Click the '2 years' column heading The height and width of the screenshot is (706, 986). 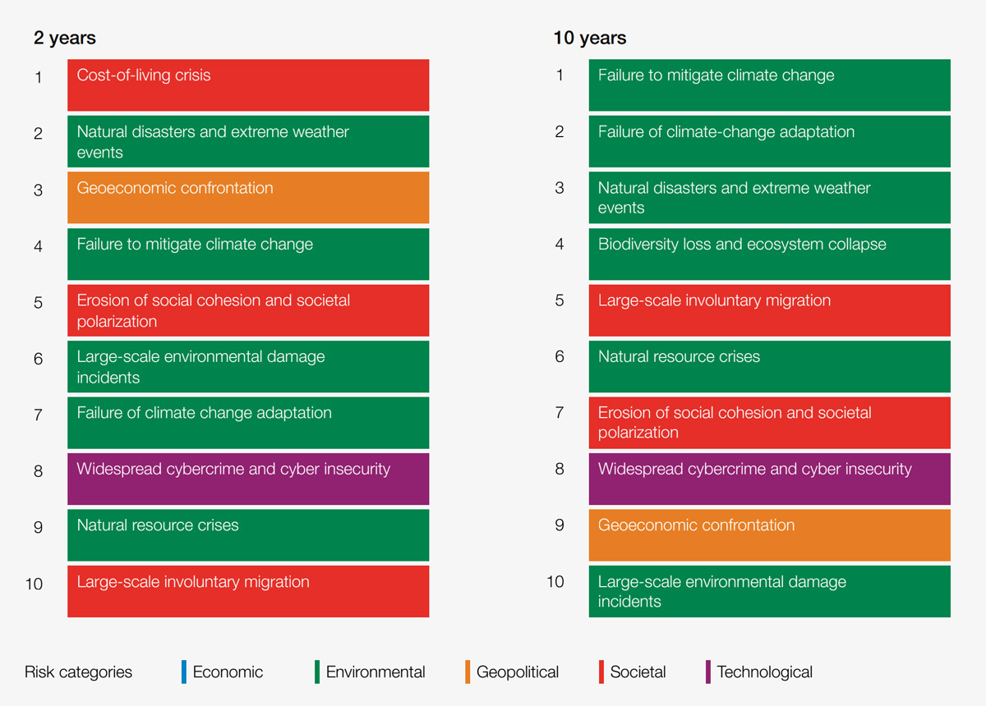point(64,38)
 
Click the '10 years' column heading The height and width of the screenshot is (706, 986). point(589,38)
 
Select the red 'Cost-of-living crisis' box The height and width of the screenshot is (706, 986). point(247,85)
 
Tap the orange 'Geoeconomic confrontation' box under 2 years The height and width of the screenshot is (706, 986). point(247,197)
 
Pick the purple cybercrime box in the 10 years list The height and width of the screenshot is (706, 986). point(769,479)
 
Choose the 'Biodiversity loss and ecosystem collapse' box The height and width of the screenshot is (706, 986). point(769,254)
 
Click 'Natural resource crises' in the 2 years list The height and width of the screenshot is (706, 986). point(247,534)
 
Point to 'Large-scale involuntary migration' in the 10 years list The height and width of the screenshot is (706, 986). point(769,309)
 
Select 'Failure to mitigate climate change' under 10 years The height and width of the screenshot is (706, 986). point(769,85)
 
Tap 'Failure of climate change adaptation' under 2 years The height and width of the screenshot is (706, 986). point(247,422)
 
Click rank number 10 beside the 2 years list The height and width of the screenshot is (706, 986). point(34,584)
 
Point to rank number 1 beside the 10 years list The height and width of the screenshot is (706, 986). point(560,76)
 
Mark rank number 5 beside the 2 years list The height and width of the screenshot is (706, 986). point(38,302)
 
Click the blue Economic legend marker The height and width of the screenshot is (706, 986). point(183,672)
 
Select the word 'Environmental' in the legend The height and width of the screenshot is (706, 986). point(376,672)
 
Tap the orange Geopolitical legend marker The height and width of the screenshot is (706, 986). point(467,672)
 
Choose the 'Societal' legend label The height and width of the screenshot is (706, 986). point(638,672)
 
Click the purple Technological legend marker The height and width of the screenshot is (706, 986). point(707,672)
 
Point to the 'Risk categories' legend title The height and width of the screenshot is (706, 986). point(78,672)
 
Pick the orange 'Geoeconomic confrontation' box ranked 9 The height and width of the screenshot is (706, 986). point(769,534)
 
